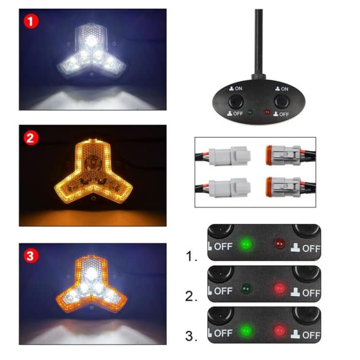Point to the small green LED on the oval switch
250,112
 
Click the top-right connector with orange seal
282,154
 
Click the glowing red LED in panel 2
279,286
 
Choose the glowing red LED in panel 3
279,329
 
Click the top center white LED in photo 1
92,39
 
